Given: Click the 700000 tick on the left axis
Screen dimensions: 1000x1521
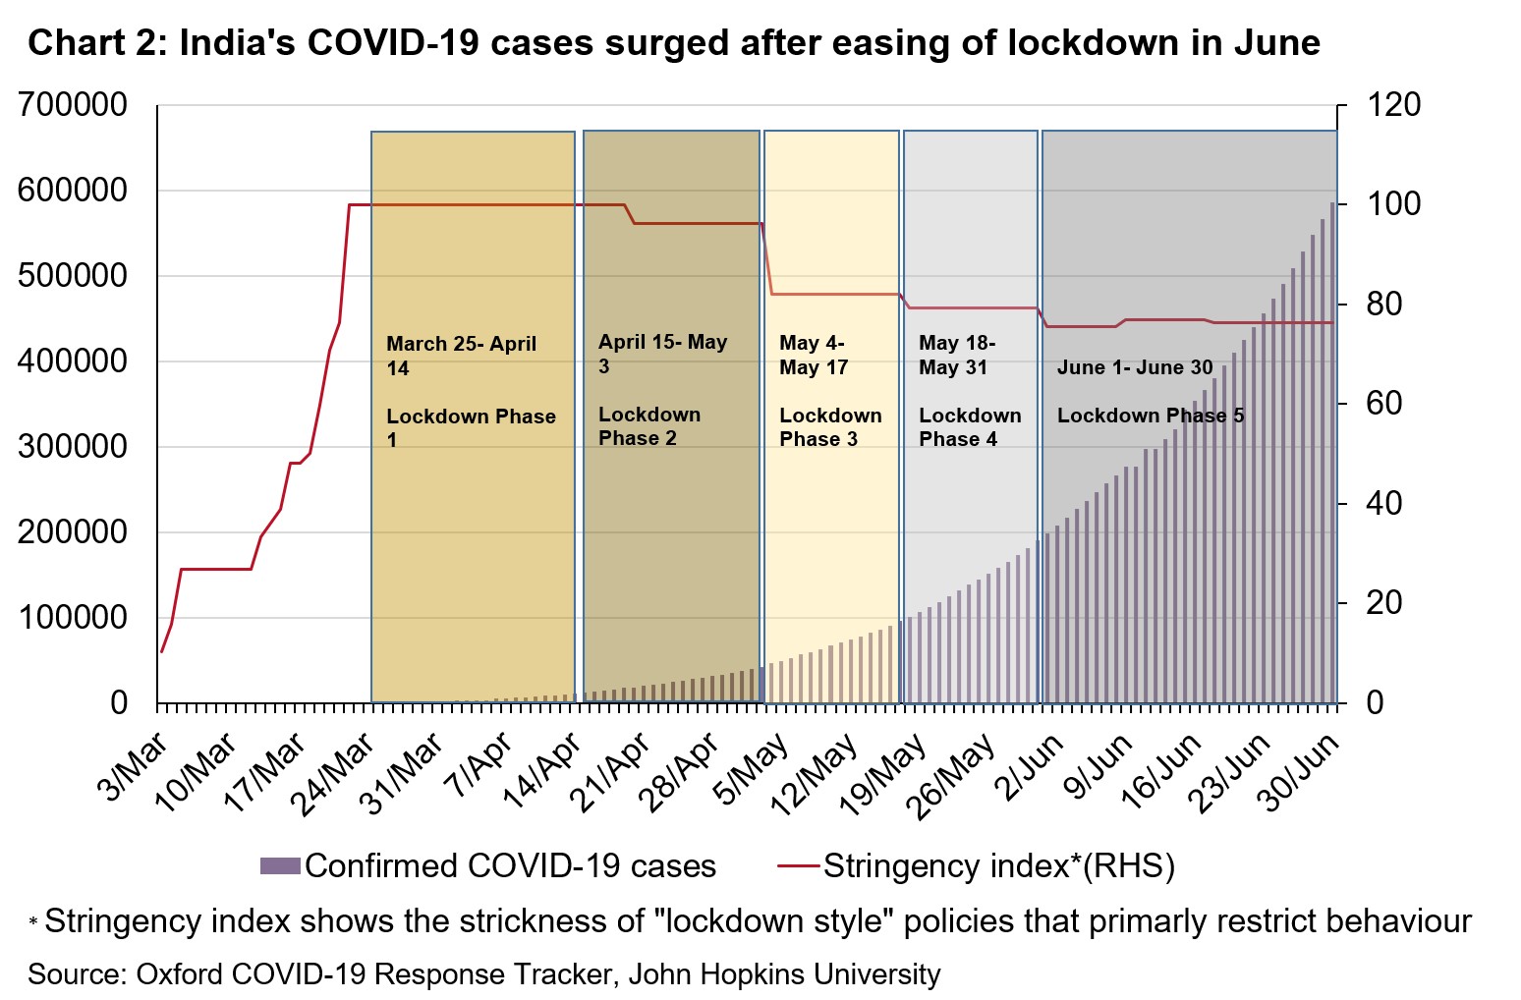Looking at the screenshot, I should point(73,105).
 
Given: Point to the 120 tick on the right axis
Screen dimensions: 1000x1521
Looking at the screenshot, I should point(1393,105).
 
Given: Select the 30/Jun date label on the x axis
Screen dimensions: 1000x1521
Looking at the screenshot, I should point(1301,772).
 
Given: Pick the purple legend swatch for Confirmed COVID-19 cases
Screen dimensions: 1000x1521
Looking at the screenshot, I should point(280,865).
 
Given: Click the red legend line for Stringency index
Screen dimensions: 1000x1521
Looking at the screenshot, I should point(798,865).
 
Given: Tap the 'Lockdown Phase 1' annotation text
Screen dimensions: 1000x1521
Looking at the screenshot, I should point(471,428).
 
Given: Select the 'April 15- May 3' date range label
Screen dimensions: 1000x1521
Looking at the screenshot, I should point(662,354).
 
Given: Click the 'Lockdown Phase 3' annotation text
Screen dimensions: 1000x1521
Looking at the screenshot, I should point(830,427).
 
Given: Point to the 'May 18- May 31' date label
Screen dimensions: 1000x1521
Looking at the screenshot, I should point(957,355).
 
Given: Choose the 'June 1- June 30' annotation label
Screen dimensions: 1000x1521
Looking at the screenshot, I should point(1135,367).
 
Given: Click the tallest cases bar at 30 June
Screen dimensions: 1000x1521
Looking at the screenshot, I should point(1332,452).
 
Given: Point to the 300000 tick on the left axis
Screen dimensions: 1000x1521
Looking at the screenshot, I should point(73,447).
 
